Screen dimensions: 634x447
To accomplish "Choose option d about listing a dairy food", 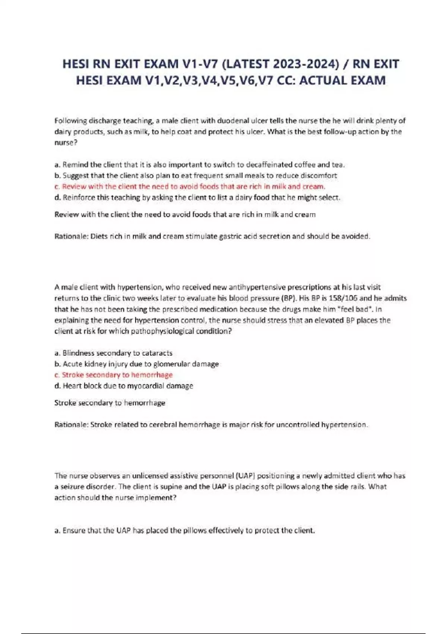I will (197, 197).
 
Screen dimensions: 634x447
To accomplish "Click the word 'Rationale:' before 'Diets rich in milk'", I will (71, 236).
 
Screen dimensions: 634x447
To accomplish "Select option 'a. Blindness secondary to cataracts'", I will (113, 353).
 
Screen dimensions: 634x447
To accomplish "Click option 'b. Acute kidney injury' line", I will (136, 364).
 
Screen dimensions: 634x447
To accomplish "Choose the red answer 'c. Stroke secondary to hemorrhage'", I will (113, 375).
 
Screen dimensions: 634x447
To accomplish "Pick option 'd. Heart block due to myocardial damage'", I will (124, 386).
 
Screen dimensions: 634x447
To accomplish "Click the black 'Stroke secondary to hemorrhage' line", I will (110, 403).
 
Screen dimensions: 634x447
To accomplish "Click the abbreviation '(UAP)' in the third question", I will (245, 475).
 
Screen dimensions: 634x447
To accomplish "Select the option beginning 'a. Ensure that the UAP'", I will (184, 530).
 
